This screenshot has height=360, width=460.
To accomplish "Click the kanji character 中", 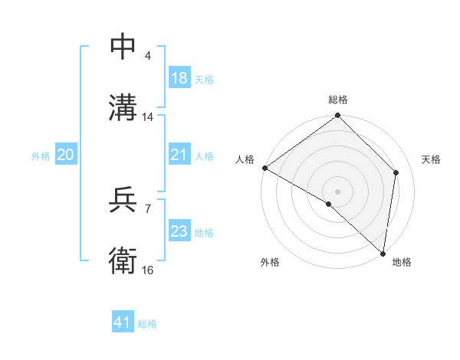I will point(123,47).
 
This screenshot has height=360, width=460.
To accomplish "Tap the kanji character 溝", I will point(123,107).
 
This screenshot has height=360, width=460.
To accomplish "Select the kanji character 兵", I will point(123,201).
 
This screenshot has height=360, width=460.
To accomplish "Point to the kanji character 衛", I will point(123,260).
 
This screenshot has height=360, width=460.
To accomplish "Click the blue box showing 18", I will point(179,78).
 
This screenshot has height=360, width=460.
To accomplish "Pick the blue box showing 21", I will point(179,155).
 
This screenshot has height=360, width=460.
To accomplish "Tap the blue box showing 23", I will point(179,231).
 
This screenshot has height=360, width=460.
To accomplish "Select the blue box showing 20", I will point(65,155).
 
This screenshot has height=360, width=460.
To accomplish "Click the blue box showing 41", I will point(123,323).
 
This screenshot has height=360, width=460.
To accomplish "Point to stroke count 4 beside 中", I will point(147,56).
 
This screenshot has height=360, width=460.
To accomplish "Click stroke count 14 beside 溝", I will point(148,117).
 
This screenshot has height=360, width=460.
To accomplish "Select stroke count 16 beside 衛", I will point(148,270).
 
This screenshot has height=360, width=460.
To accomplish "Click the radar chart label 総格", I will point(338,100).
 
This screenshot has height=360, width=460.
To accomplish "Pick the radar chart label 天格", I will point(431,159).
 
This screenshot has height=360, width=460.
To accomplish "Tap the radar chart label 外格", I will point(270,262).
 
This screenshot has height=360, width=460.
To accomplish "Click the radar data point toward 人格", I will point(264,168).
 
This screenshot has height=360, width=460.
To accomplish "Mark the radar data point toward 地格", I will point(383,253).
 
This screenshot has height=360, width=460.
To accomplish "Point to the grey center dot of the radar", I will point(338,191).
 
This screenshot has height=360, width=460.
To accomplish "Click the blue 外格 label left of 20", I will point(41,155).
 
